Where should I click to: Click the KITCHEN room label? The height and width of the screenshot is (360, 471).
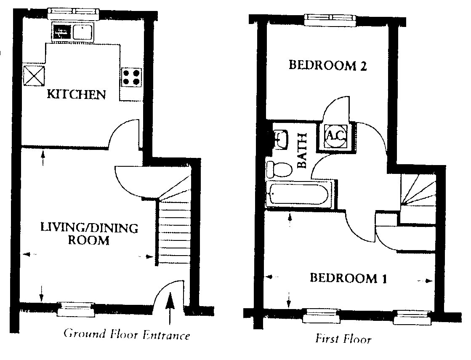click(x=76, y=94)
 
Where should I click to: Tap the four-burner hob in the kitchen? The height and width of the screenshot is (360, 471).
click(x=132, y=77)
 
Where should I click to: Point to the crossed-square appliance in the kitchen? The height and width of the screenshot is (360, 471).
click(x=34, y=76)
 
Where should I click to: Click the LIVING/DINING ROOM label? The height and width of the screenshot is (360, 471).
click(x=89, y=234)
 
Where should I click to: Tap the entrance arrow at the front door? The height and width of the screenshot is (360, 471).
click(x=170, y=308)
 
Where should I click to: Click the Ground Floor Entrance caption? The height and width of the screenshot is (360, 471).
click(x=126, y=334)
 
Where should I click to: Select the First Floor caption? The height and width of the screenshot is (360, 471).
click(x=343, y=339)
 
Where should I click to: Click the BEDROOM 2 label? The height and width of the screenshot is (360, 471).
click(x=328, y=65)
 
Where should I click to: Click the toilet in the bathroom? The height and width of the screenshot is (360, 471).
click(x=279, y=170)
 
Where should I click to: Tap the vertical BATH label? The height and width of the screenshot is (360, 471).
click(x=302, y=150)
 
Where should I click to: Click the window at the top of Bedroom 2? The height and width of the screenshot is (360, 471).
click(x=330, y=20)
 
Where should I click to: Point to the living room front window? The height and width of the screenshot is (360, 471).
click(x=76, y=309)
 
